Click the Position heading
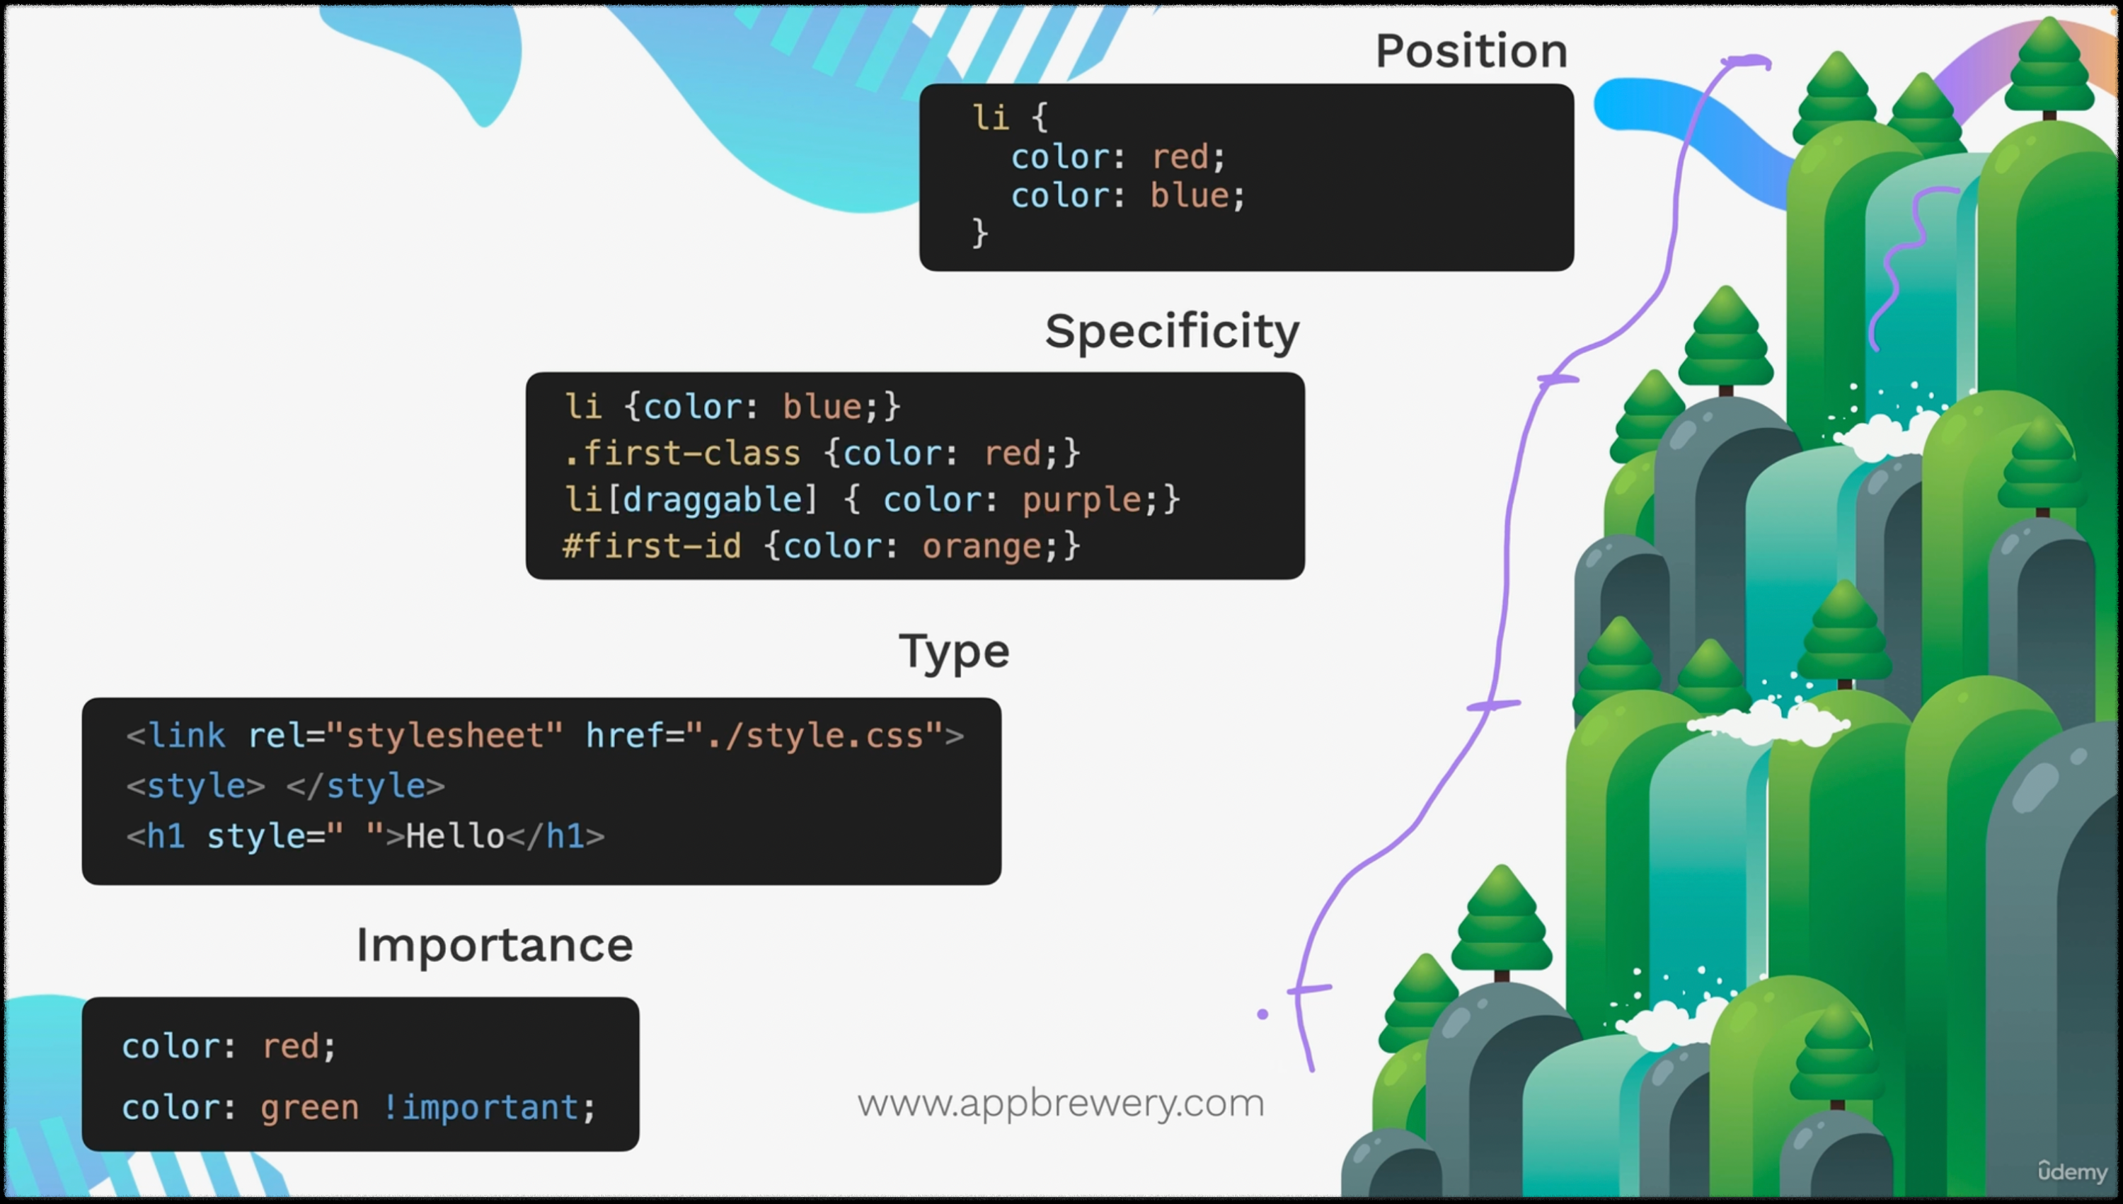[1471, 51]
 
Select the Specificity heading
[1171, 332]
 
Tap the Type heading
[953, 652]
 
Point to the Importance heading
[495, 944]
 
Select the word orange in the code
[982, 547]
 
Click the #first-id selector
[652, 547]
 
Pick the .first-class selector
[681, 453]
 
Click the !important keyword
[481, 1107]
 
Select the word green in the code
[309, 1107]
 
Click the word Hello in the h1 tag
[455, 836]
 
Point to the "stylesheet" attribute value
[445, 735]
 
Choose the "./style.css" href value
[815, 735]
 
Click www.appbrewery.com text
[1060, 1103]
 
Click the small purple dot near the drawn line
[1262, 1014]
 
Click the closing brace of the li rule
[980, 233]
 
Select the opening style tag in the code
[195, 786]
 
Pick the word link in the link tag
[187, 735]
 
